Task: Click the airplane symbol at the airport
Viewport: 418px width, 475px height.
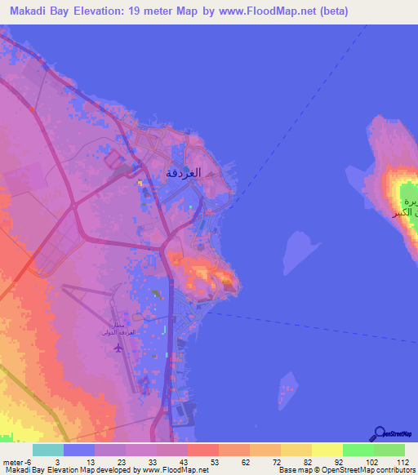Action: pos(118,348)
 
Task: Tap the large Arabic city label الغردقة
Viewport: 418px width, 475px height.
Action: pos(183,172)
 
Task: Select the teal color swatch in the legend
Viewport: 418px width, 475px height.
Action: pos(48,450)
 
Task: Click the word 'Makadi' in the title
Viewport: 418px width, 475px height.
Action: pos(29,11)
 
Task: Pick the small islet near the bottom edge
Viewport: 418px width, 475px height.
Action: pos(287,392)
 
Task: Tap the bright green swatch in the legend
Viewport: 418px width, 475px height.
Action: pos(358,450)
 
